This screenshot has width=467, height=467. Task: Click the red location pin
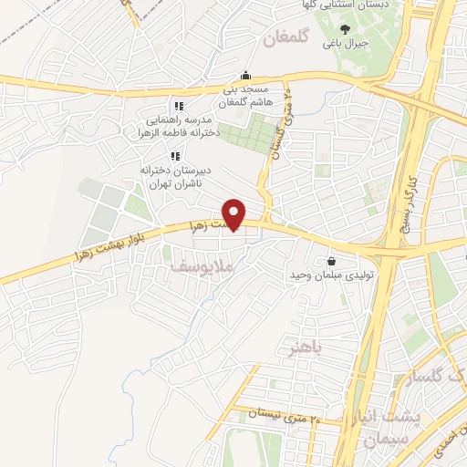coord(235,213)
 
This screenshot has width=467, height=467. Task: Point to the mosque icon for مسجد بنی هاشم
coord(244,77)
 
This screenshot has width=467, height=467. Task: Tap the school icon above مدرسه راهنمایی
coord(179,107)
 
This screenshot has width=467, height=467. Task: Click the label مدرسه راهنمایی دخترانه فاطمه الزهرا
coord(178,127)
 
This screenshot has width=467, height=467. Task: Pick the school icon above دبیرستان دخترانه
coord(174,156)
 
